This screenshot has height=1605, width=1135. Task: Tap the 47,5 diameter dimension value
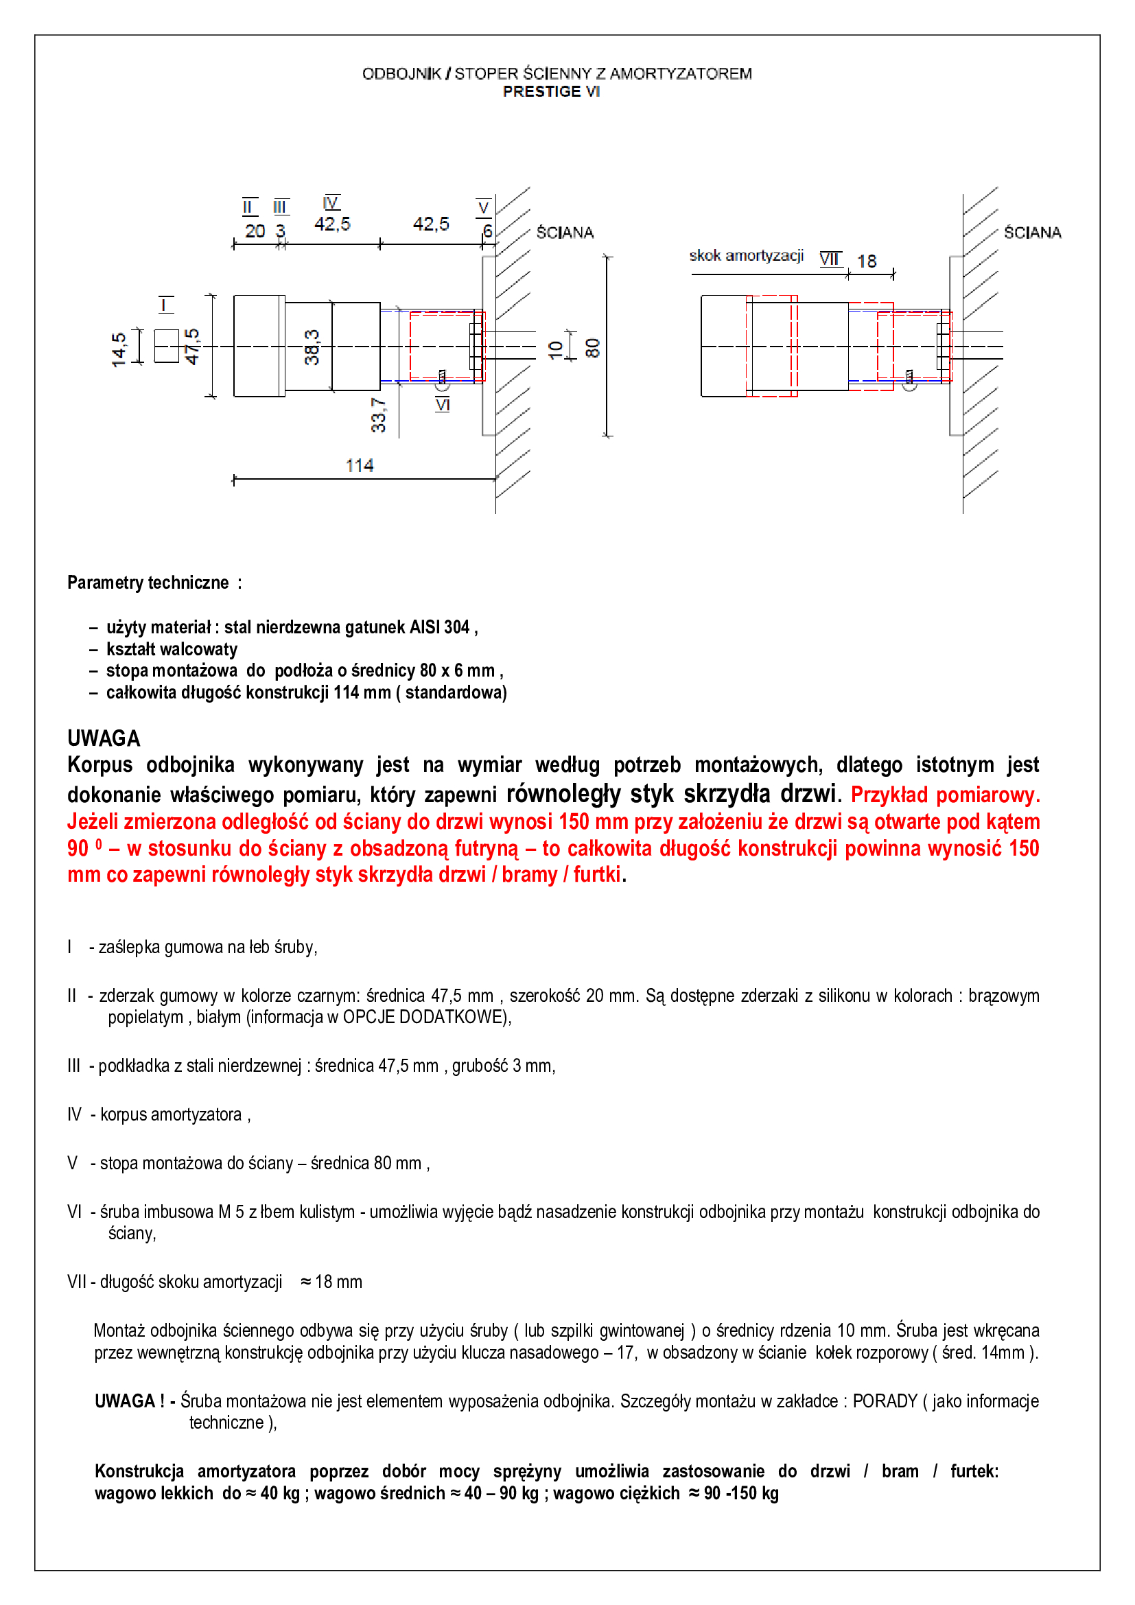(192, 346)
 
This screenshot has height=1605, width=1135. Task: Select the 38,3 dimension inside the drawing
(312, 347)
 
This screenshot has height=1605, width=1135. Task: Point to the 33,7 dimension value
(378, 415)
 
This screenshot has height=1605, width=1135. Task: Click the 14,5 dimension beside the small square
(119, 349)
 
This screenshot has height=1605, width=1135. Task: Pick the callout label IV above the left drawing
(331, 202)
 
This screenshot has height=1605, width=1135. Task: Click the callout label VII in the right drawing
(830, 259)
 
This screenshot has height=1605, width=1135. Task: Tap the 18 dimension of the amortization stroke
(867, 261)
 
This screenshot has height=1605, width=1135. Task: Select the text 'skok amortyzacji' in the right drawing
(746, 256)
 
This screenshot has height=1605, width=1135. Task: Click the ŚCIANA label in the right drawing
(1031, 233)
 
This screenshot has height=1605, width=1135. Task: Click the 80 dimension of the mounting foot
(593, 347)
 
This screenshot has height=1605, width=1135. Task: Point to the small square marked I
(166, 346)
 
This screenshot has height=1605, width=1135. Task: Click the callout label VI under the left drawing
(443, 405)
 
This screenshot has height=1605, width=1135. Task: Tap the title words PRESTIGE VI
(551, 91)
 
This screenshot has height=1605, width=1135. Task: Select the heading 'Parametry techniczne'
(148, 583)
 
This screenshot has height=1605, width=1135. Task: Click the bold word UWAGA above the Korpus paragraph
(104, 738)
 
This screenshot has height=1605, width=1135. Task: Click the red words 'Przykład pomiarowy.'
(945, 795)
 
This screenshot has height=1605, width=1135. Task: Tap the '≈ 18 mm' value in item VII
(331, 1281)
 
